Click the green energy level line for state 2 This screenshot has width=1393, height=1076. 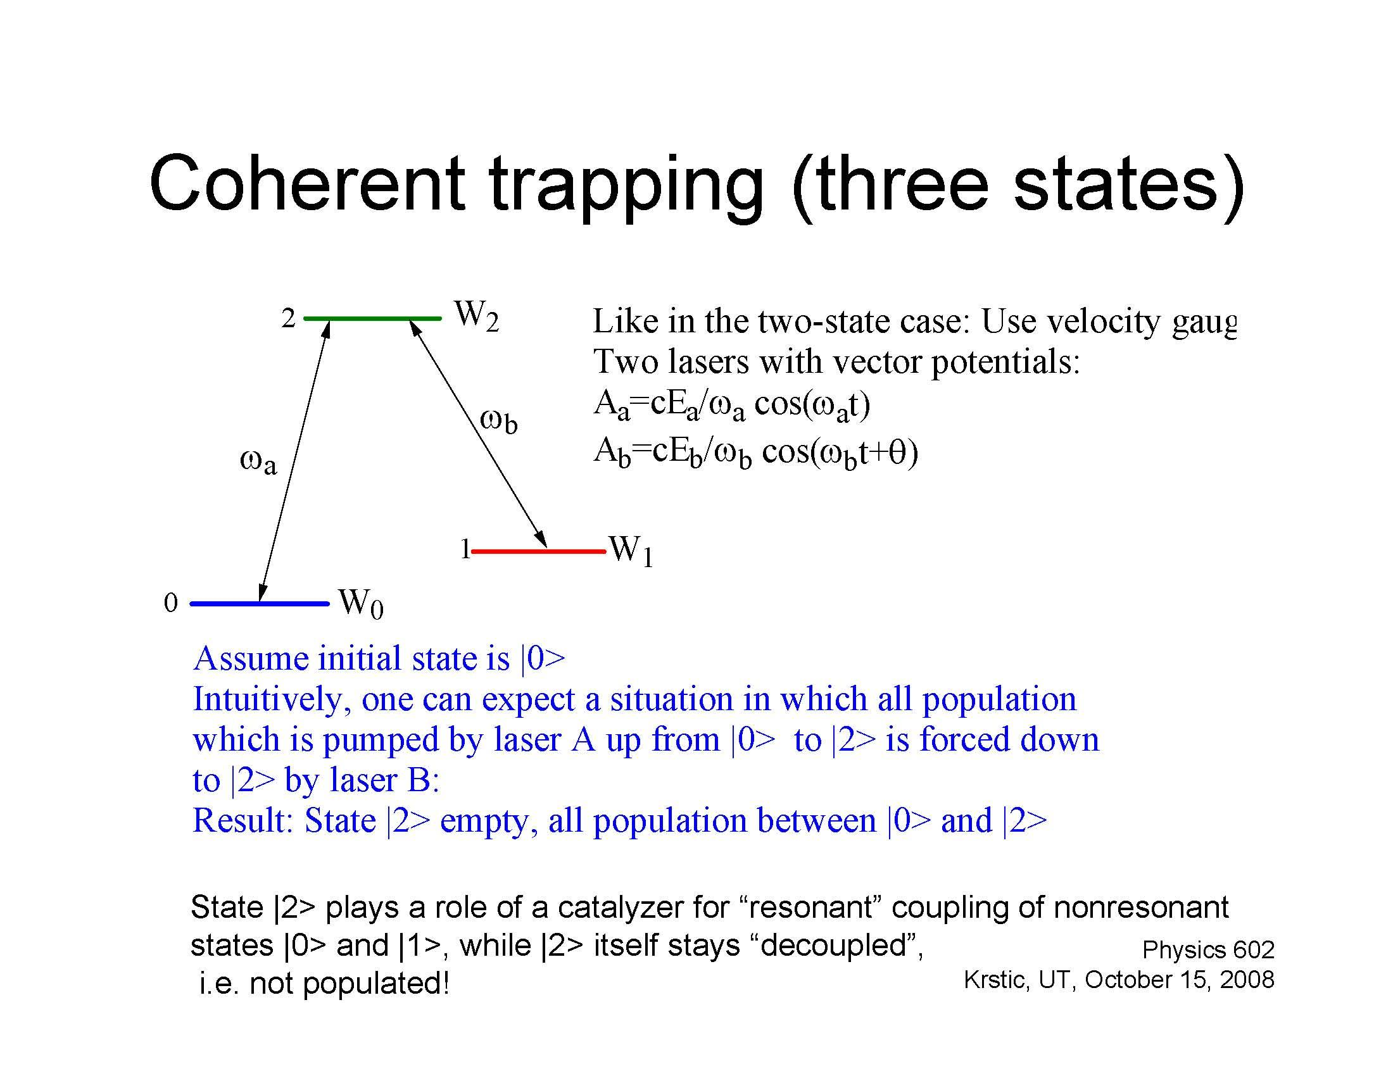(372, 318)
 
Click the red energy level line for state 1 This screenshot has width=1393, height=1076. (539, 550)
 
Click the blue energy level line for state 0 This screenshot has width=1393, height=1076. (260, 603)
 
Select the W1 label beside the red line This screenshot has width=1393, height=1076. (631, 550)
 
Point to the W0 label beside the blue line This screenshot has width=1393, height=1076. (361, 603)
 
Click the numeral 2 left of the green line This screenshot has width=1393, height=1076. (288, 318)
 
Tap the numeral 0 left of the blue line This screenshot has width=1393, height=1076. (170, 603)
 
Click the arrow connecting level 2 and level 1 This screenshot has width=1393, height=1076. (477, 434)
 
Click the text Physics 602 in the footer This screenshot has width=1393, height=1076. (1208, 950)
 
